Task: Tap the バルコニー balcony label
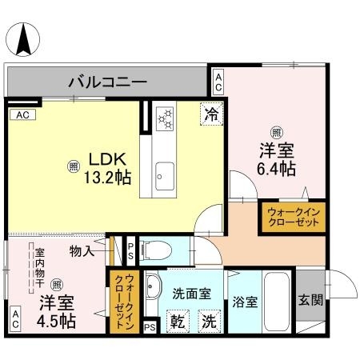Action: pos(107,81)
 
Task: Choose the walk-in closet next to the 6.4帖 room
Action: pos(292,218)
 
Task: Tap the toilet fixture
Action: pos(157,250)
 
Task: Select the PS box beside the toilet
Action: pos(130,250)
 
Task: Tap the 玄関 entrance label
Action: pos(310,301)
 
